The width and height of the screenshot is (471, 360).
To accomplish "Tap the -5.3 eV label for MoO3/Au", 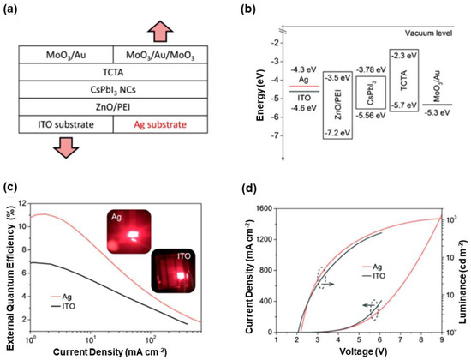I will point(439,111).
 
